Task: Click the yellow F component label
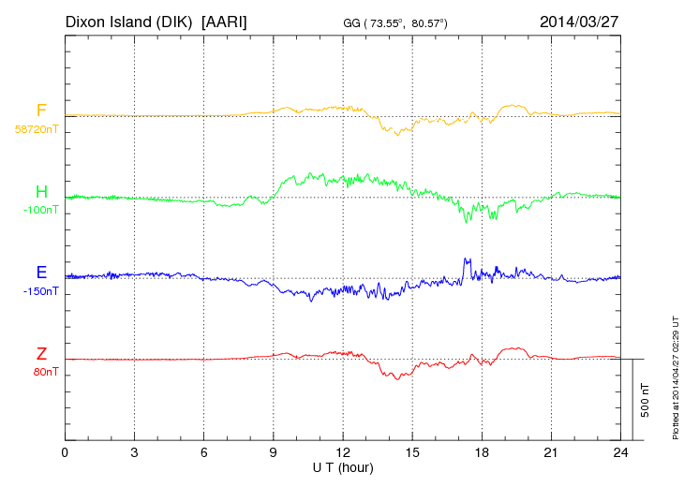tap(41, 111)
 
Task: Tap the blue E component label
tap(41, 273)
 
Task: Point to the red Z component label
tap(41, 354)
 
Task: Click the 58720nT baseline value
tap(36, 129)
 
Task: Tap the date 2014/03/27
tap(580, 21)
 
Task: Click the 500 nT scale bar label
tap(646, 399)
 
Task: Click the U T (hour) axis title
tap(343, 466)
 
